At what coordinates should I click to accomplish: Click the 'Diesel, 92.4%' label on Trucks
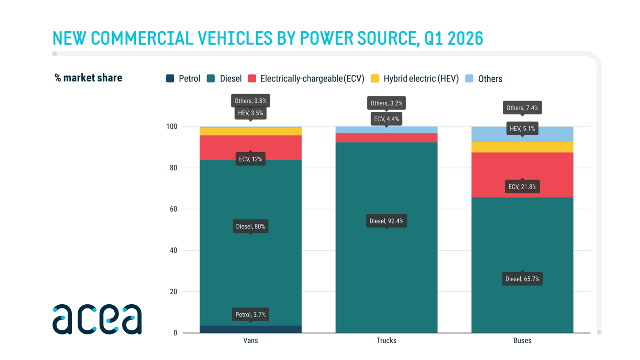(x=386, y=221)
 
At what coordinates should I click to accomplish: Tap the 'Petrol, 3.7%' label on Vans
(x=250, y=314)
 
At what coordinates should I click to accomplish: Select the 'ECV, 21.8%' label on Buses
(x=522, y=186)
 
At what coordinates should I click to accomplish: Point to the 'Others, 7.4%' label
(x=522, y=108)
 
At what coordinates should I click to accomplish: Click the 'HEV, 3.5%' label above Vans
(x=250, y=113)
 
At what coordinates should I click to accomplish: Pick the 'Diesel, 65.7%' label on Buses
(x=522, y=279)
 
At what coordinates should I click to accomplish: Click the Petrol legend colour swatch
(x=170, y=79)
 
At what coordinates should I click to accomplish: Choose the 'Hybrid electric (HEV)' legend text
(x=421, y=79)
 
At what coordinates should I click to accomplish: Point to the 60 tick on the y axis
(x=173, y=209)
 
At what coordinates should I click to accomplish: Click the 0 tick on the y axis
(x=175, y=333)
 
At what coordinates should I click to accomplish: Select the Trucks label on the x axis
(x=386, y=341)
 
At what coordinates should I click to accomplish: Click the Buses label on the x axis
(x=522, y=341)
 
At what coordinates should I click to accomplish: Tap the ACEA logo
(x=97, y=319)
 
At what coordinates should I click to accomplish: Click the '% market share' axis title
(x=88, y=78)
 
